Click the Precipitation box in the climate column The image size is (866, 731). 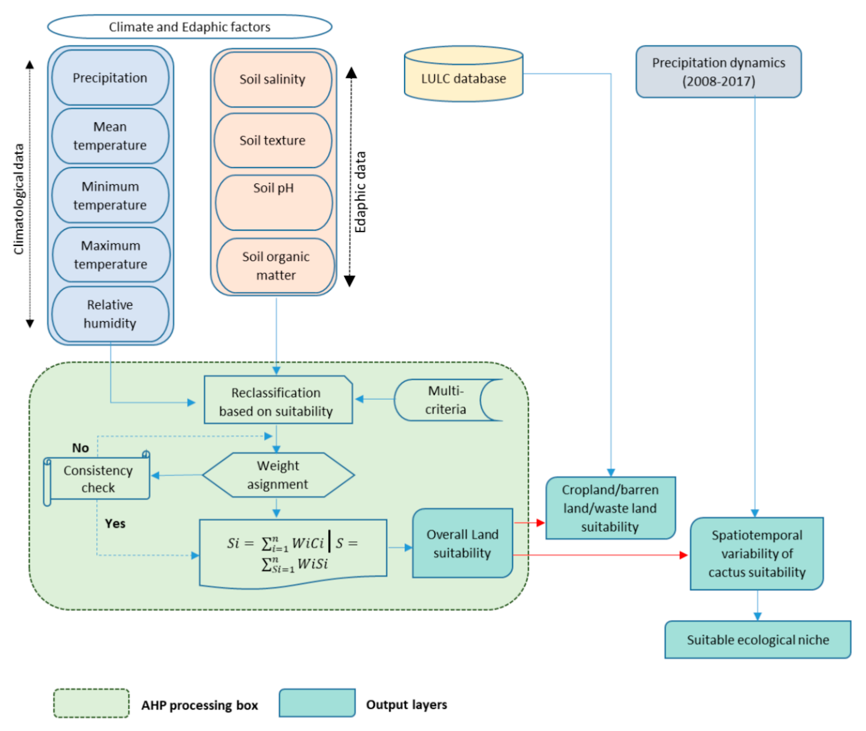(x=110, y=78)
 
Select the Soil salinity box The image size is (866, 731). (x=273, y=79)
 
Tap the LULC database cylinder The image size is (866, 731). (x=463, y=78)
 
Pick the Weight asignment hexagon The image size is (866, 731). (x=278, y=475)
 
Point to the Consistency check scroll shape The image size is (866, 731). (x=98, y=479)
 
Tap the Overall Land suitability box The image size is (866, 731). (x=463, y=543)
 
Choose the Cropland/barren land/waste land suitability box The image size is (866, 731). (x=610, y=508)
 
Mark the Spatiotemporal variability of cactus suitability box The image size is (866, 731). (x=757, y=554)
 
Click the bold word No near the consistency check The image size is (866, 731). (x=80, y=448)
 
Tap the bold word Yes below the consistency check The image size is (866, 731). (x=115, y=523)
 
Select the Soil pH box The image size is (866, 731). (x=273, y=202)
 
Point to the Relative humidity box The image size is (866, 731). (x=110, y=314)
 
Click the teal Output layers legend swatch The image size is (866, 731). (x=317, y=703)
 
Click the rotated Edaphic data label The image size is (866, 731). (x=360, y=192)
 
